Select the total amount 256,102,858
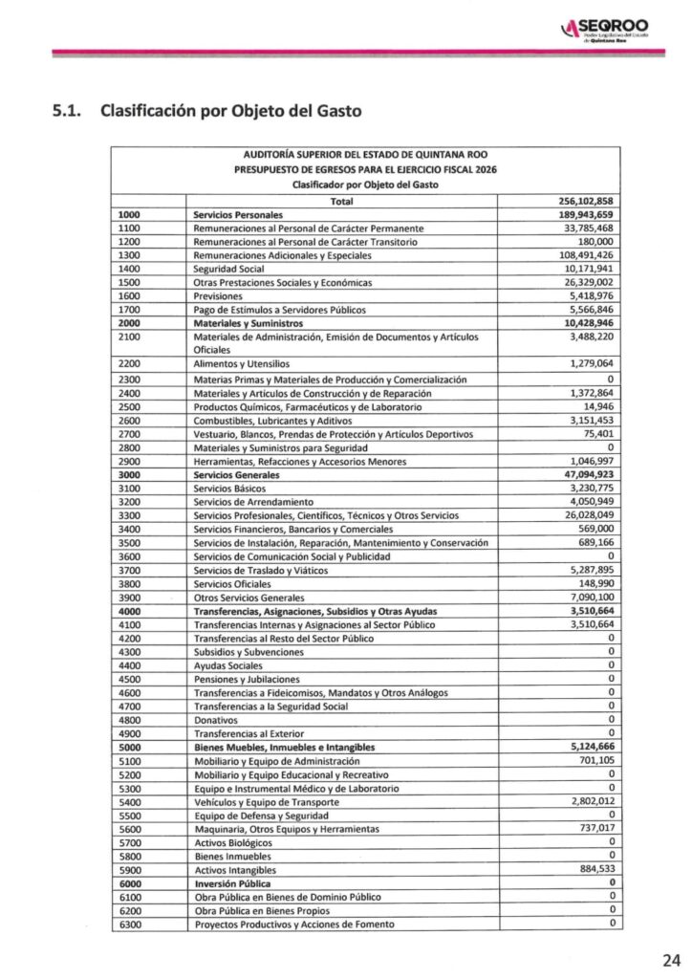point(585,202)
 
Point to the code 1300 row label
point(129,256)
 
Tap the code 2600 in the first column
point(129,420)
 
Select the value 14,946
point(593,406)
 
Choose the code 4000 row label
point(129,611)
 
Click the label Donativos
point(216,719)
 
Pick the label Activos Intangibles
point(234,870)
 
